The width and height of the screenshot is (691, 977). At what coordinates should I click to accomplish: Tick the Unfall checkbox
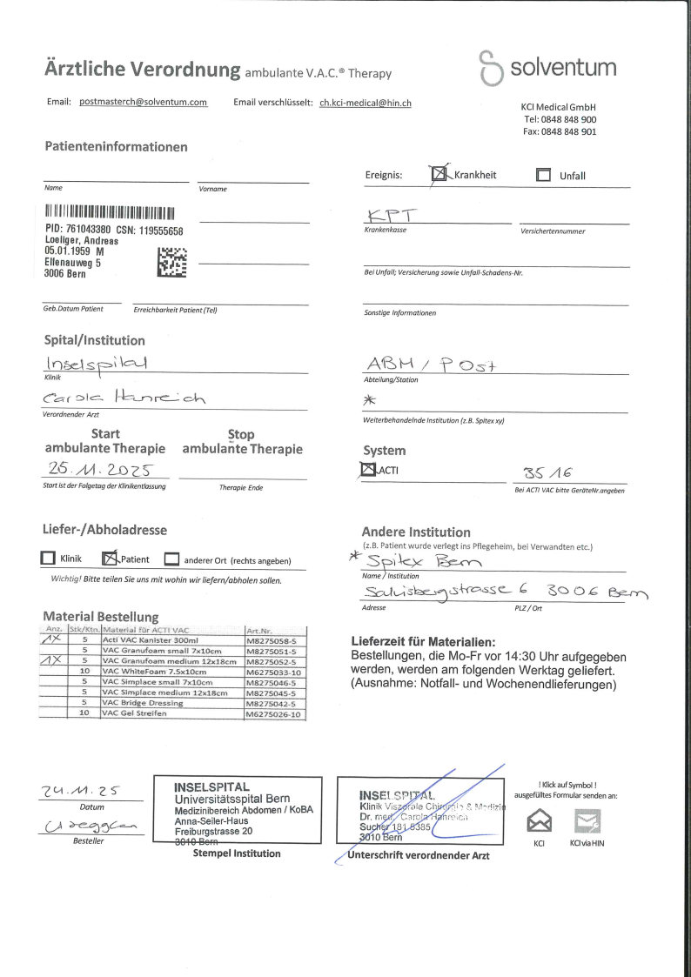[544, 175]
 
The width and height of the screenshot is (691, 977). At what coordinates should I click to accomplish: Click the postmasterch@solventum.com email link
[143, 102]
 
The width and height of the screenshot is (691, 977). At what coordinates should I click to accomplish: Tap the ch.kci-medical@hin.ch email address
[366, 103]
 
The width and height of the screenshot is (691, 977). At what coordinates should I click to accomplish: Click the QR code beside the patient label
[172, 262]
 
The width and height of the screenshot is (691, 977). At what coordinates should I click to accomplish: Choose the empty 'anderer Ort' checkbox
[171, 559]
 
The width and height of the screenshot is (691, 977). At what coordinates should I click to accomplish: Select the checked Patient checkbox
[110, 559]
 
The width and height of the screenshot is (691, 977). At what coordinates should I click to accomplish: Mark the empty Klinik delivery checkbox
[49, 559]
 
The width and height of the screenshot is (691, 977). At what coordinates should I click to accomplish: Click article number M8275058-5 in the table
[273, 639]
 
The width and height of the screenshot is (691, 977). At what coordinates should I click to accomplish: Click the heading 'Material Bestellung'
[101, 617]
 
